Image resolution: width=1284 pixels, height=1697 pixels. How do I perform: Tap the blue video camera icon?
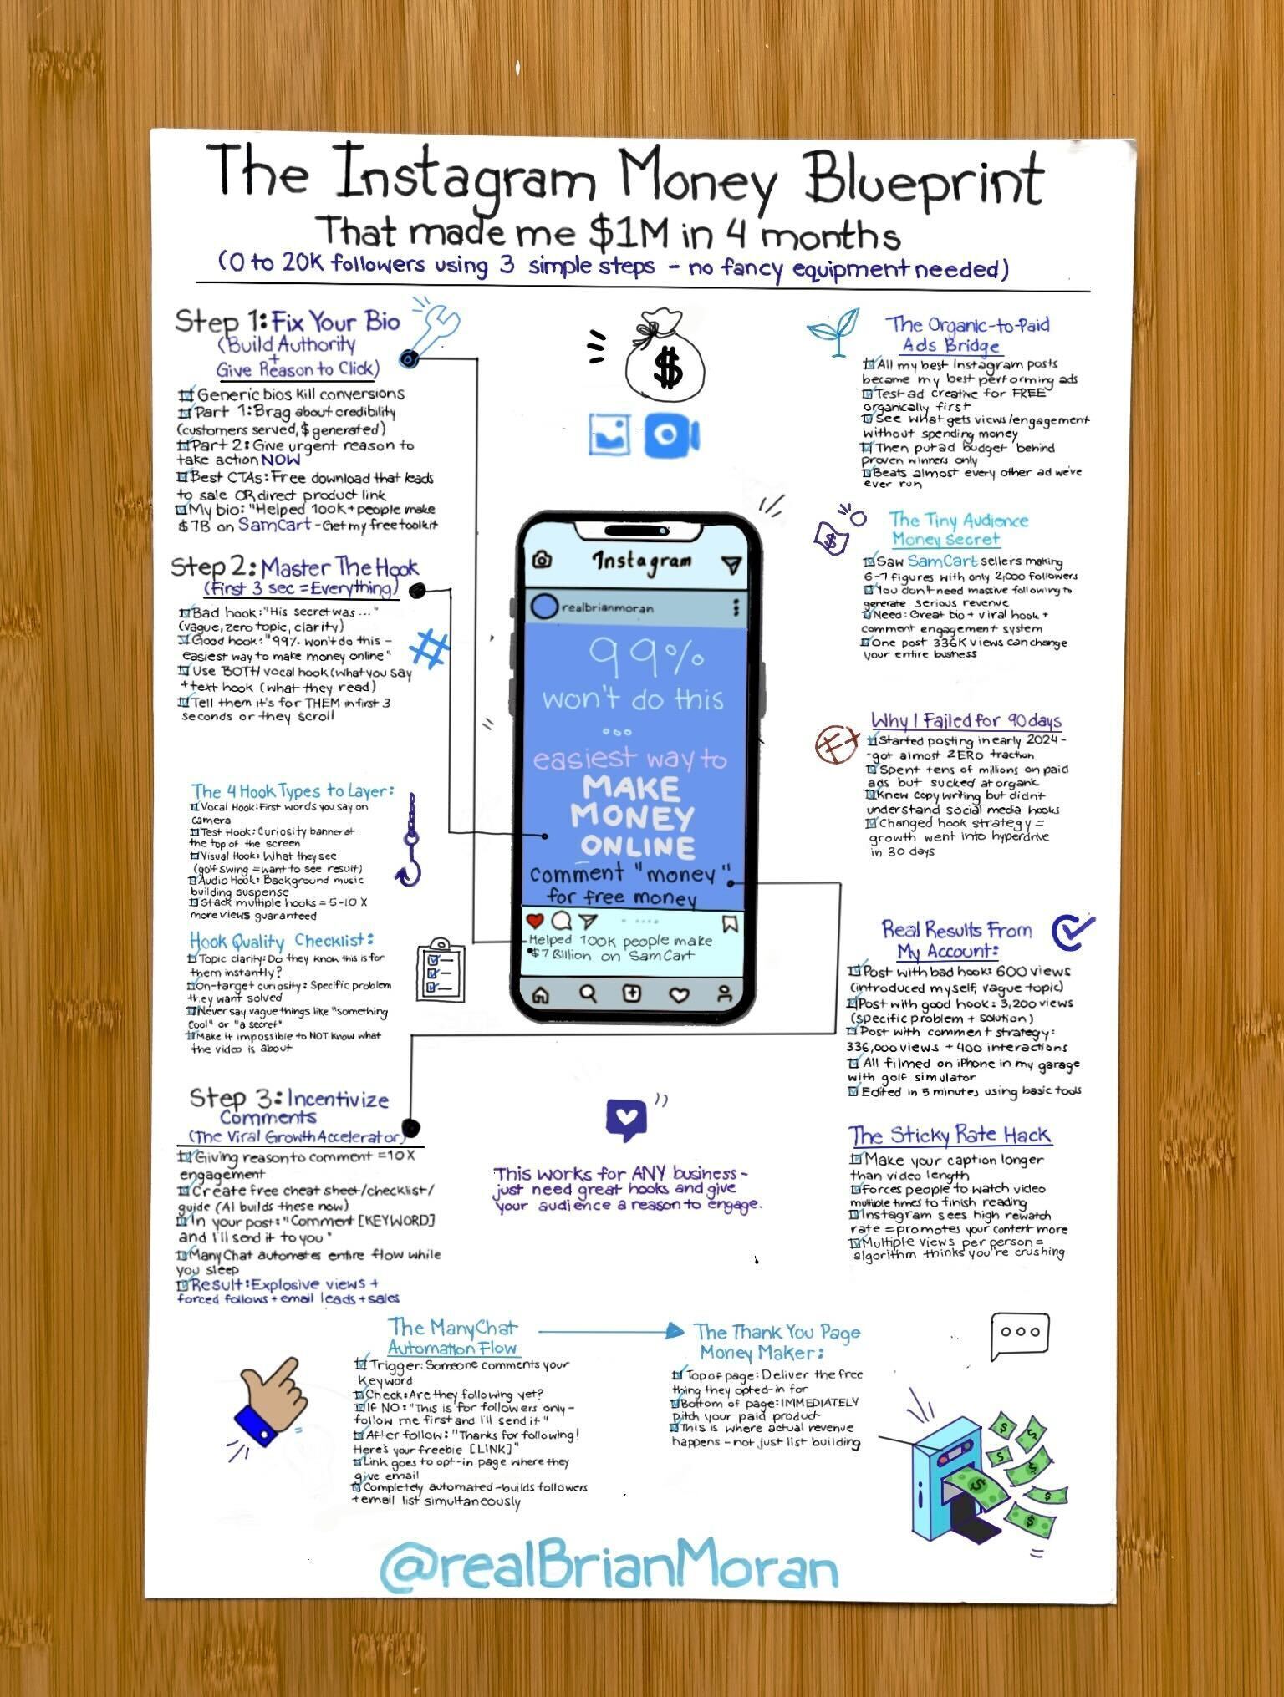(671, 434)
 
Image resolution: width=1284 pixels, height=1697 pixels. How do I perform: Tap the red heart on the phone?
(536, 921)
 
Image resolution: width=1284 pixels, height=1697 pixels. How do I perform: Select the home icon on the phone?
(541, 994)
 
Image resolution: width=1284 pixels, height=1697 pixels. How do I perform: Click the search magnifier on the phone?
(588, 993)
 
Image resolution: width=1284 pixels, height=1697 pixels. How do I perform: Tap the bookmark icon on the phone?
(730, 923)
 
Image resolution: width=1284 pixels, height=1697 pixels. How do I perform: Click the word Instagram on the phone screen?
(643, 561)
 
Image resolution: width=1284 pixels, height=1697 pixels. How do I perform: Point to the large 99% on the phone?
(646, 658)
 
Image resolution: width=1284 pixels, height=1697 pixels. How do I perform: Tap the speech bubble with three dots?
(1019, 1334)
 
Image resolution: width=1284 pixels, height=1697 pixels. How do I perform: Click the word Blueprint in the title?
(924, 180)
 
